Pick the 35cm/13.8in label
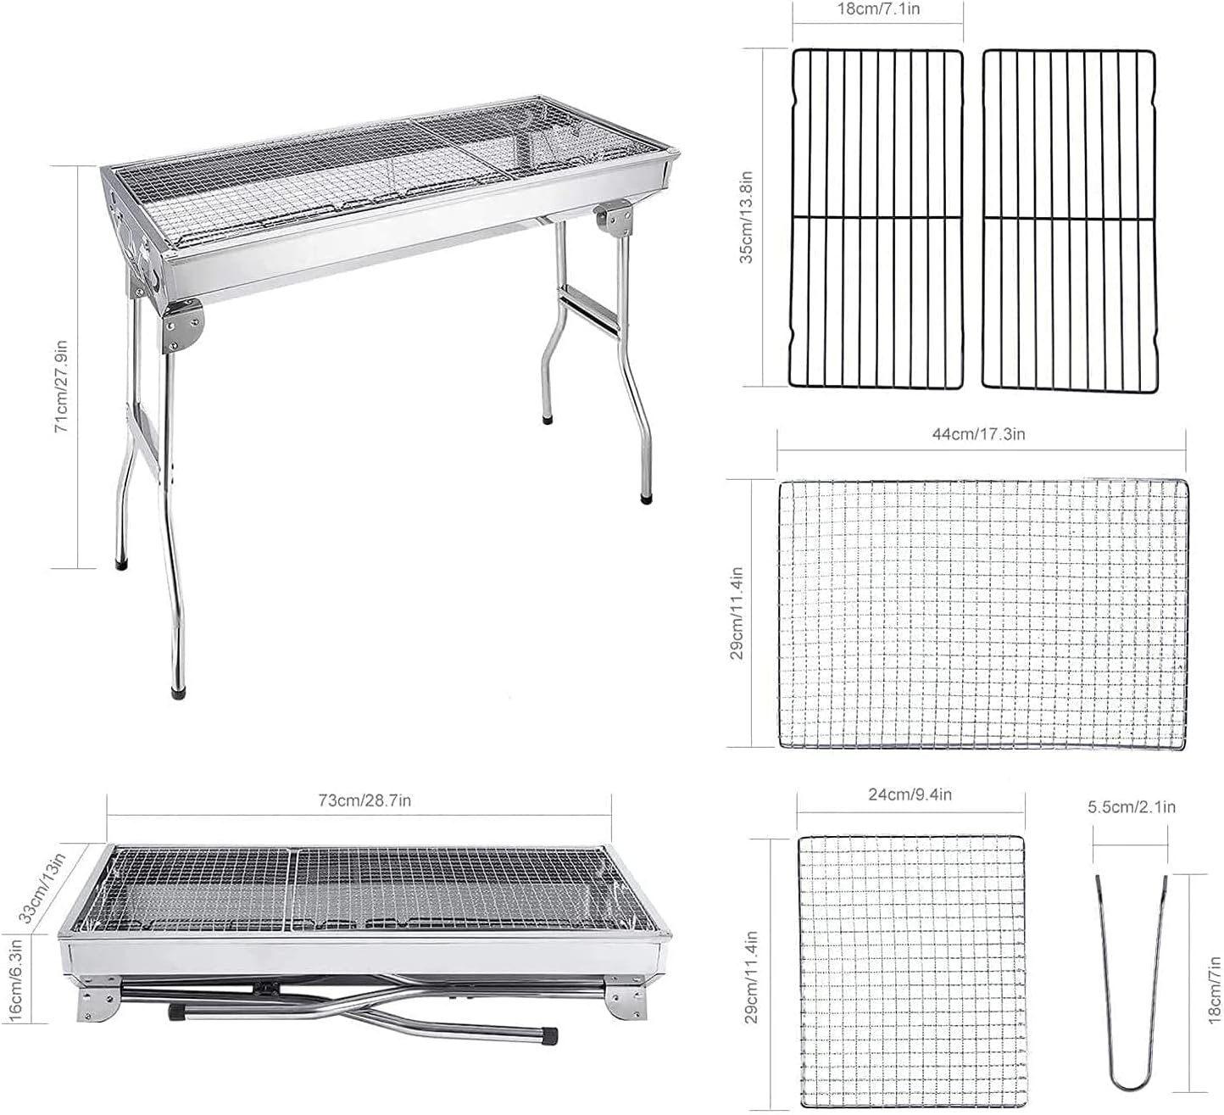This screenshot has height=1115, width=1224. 747,217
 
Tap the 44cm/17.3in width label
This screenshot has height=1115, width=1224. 979,434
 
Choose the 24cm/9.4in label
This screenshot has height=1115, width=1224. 910,794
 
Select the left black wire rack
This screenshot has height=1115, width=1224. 877,219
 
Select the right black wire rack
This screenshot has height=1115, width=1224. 1070,219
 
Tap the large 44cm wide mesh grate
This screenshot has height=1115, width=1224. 983,614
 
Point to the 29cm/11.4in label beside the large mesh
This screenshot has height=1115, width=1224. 737,613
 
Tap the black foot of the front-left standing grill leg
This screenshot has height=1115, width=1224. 179,691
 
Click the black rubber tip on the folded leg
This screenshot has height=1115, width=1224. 552,1035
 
